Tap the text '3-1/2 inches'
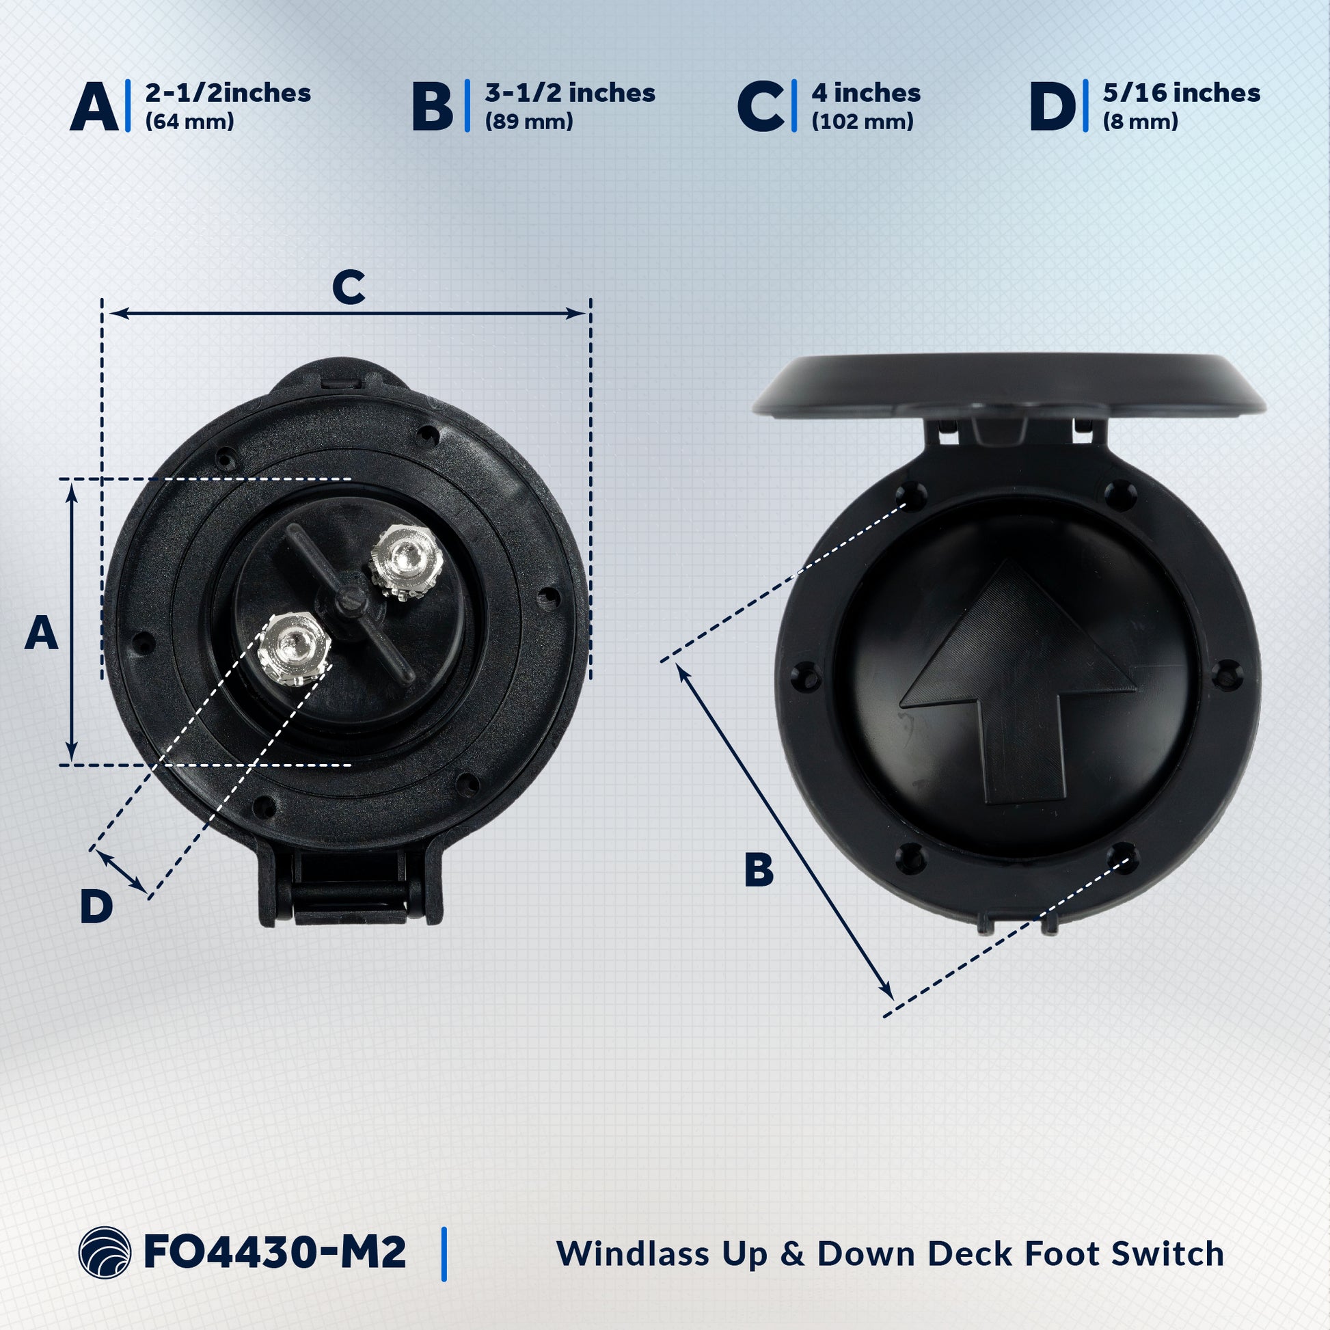tap(570, 93)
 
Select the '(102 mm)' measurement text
tap(863, 122)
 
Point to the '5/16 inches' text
tap(1181, 93)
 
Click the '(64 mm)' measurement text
tap(190, 122)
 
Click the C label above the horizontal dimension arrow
tap(349, 287)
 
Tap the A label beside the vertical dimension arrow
tap(41, 633)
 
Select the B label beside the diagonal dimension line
tap(759, 870)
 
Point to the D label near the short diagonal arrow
tap(96, 906)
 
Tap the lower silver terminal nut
tap(295, 647)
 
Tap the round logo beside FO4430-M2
tap(105, 1252)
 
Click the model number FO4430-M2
tap(275, 1252)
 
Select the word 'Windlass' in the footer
tap(633, 1253)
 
